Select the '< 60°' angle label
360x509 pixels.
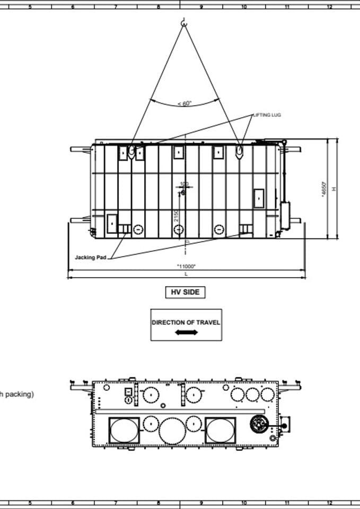(185, 103)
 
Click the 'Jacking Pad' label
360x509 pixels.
(91, 257)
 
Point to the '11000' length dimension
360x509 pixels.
(186, 266)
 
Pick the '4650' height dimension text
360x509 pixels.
(323, 189)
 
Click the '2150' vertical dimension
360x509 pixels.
(176, 216)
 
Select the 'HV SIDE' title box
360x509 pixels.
(185, 292)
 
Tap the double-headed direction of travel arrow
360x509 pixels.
(186, 332)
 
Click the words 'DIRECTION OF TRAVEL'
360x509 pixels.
(186, 322)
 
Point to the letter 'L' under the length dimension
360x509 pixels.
(186, 274)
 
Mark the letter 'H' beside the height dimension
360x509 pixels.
(333, 189)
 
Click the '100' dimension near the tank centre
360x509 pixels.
(184, 184)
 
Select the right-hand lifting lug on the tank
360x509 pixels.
(240, 152)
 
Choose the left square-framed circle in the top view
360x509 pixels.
(124, 430)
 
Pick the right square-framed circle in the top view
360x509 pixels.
(220, 430)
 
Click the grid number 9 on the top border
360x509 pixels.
(201, 7)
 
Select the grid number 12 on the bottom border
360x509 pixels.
(329, 502)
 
